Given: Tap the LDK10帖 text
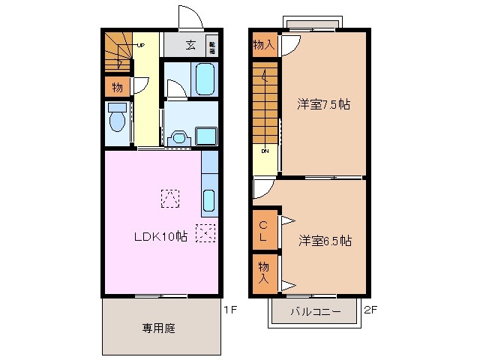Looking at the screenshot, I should (x=160, y=237).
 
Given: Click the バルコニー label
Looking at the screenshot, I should (x=316, y=311).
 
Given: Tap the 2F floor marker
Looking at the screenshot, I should (x=370, y=308).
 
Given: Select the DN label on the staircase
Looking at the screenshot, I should (x=265, y=151).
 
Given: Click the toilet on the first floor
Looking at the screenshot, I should (x=116, y=118).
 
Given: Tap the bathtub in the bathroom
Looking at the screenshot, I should (x=204, y=79).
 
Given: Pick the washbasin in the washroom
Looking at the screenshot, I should (x=178, y=136).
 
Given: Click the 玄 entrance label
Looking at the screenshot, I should (x=191, y=44).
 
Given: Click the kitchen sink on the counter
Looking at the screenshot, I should (x=209, y=201).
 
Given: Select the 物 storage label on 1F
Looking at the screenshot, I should (x=117, y=86).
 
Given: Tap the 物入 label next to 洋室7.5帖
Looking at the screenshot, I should (x=263, y=44).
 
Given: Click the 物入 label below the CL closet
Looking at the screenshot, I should (x=263, y=272).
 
